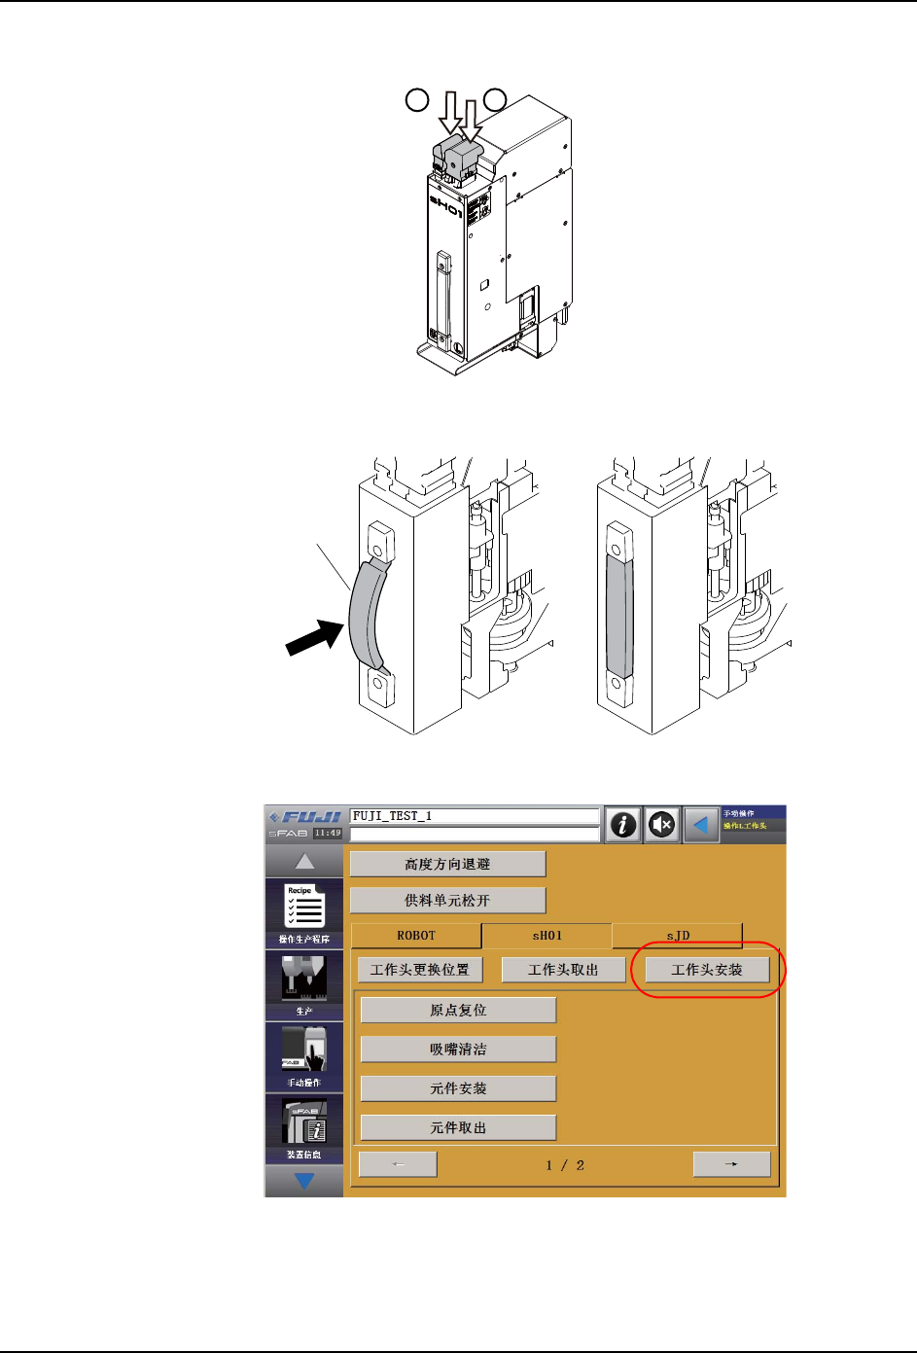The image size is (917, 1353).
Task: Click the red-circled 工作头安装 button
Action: point(707,970)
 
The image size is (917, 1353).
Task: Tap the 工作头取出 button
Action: point(563,970)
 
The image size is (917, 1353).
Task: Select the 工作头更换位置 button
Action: point(420,970)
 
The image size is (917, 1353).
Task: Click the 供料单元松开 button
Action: point(447,901)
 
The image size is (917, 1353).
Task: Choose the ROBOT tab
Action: point(416,936)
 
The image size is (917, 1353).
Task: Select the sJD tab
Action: point(678,936)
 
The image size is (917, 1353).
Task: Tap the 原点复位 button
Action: point(458,1011)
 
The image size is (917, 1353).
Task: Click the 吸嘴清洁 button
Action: point(458,1050)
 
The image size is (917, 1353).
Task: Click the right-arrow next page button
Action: point(731,1164)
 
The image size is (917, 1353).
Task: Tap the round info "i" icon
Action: point(623,825)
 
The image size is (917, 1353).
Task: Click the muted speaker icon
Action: point(662,825)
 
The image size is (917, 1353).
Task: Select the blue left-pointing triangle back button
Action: point(700,825)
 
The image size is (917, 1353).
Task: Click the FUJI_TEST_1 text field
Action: point(475,816)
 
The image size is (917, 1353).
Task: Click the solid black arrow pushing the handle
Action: point(315,639)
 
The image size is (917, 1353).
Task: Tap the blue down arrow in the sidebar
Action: point(304,1181)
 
